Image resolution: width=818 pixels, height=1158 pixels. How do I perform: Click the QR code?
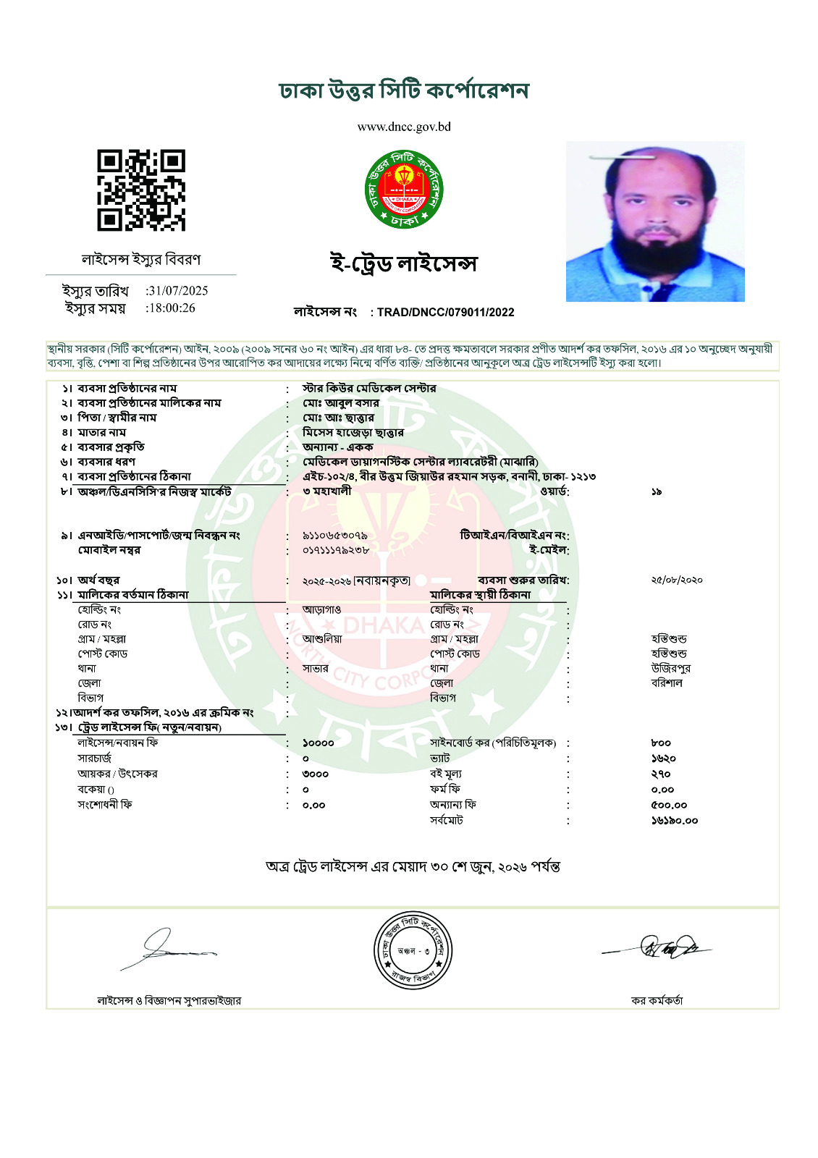coord(141,190)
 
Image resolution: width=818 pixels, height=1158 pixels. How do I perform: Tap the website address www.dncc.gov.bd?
coord(404,127)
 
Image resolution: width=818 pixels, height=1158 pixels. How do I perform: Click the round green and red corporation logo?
coord(404,190)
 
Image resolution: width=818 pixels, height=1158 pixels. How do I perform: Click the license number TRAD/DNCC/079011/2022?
coord(445,313)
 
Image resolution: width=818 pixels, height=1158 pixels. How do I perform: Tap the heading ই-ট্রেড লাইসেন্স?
coord(404,263)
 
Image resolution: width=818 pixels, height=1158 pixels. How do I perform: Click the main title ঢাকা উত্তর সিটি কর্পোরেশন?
coord(404,91)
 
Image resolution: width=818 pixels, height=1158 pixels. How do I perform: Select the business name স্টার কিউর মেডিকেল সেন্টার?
coord(369,389)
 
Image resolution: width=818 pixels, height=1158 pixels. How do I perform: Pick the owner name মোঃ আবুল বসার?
coord(341,403)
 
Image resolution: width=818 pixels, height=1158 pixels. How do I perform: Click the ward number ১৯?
coord(656,492)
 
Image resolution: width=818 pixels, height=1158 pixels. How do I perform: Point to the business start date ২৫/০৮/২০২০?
coord(676,580)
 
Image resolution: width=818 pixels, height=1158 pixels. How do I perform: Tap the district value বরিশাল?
coord(667,683)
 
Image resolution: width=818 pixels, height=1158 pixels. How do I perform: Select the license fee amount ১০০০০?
coord(319,743)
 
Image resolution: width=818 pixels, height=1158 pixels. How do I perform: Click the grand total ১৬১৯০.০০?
coord(674,821)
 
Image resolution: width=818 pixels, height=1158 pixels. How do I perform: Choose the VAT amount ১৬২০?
coord(663,758)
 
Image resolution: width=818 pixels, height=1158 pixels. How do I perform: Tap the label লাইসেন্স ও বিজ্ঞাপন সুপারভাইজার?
coord(169,1001)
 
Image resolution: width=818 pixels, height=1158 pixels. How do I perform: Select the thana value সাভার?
coord(316,669)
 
